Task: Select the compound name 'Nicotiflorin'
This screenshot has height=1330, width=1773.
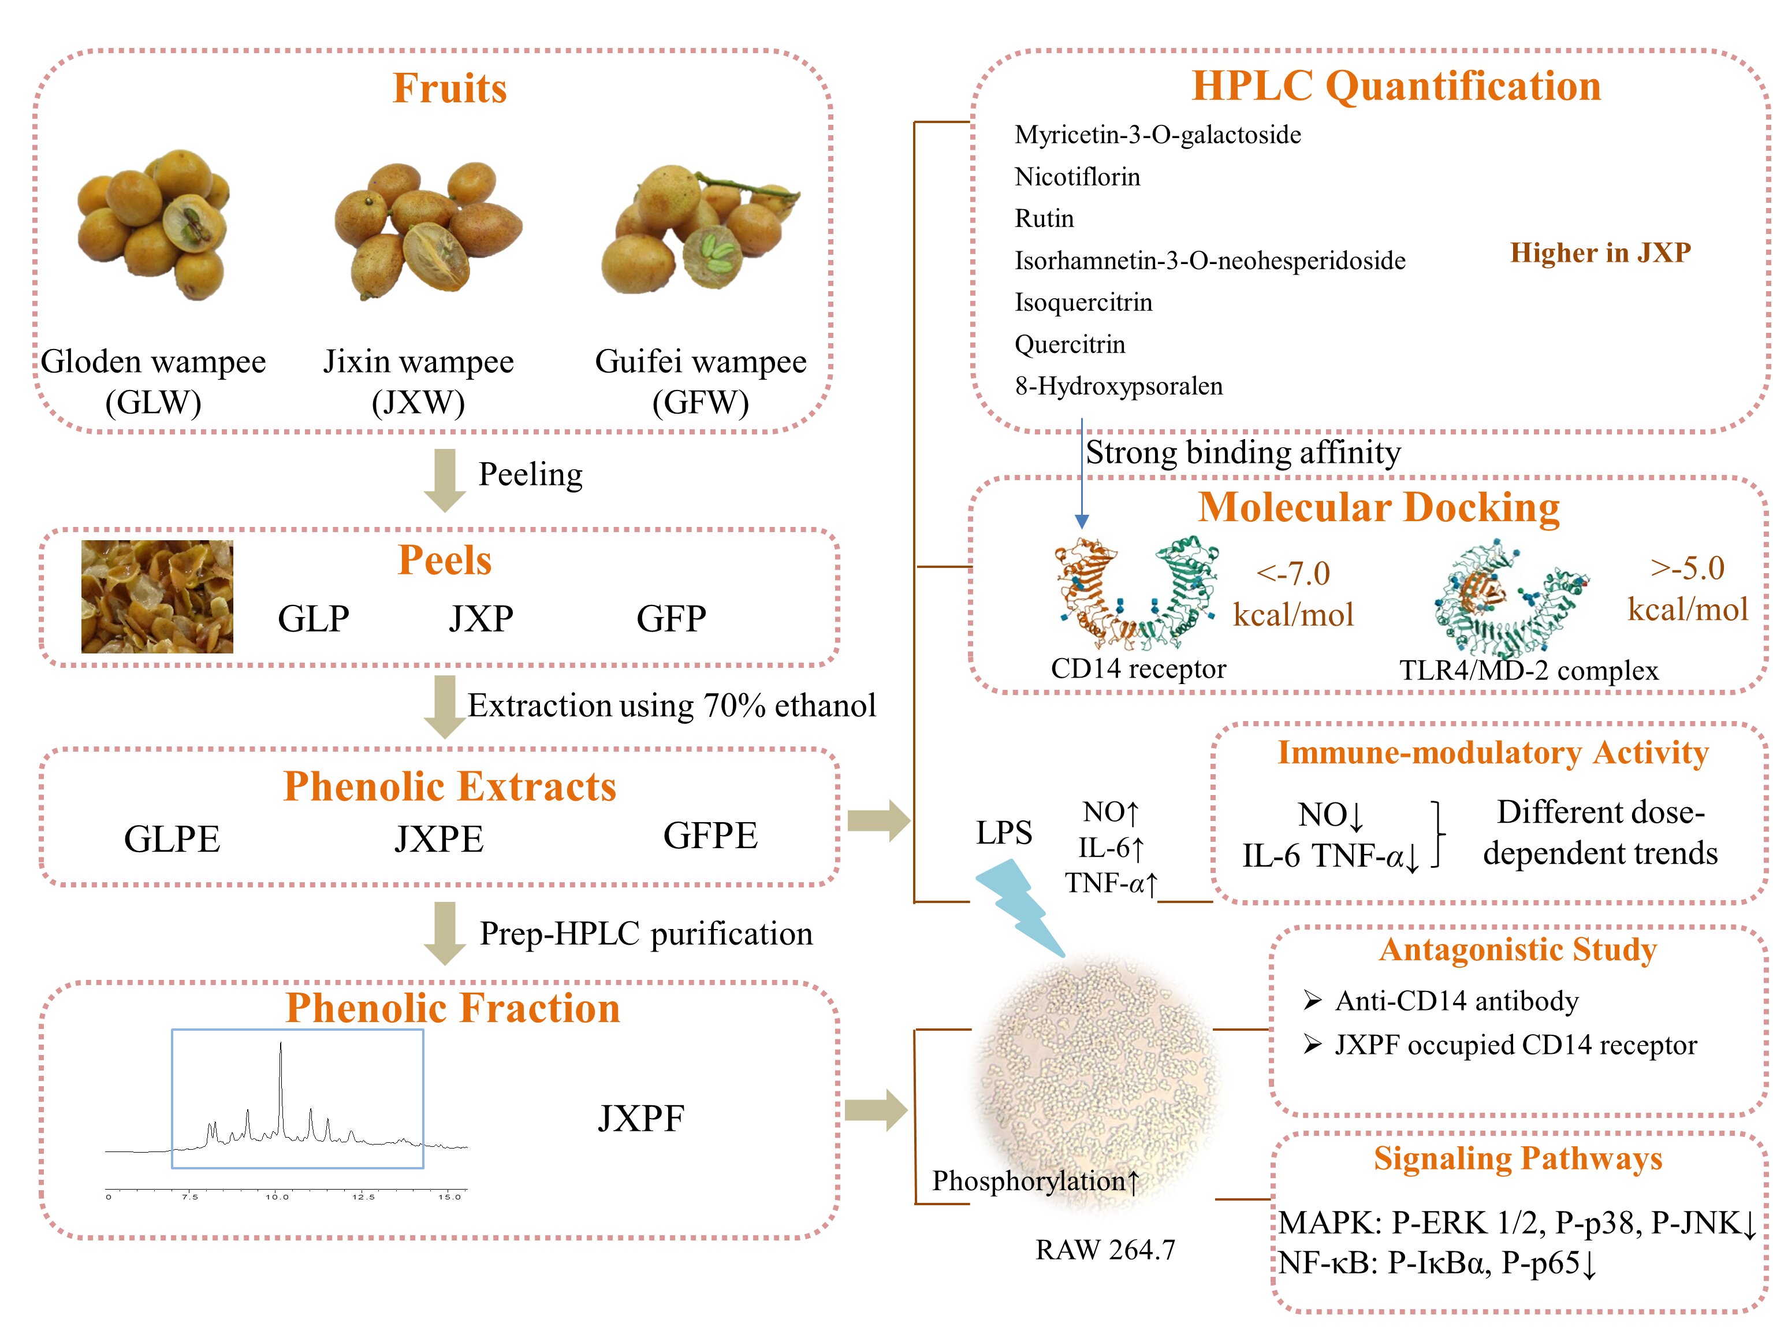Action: click(1077, 176)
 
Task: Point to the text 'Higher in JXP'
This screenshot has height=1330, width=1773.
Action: click(1601, 252)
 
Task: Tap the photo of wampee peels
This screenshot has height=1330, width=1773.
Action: click(157, 596)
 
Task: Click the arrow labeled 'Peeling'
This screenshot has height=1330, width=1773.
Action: click(444, 480)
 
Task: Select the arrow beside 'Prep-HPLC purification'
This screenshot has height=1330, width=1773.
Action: click(444, 933)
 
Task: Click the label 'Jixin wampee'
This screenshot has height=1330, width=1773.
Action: click(418, 362)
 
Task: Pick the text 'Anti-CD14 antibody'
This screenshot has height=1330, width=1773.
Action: click(1457, 1001)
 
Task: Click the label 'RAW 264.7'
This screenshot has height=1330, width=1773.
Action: click(1105, 1250)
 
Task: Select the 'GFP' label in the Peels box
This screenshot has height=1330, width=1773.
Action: click(672, 619)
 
